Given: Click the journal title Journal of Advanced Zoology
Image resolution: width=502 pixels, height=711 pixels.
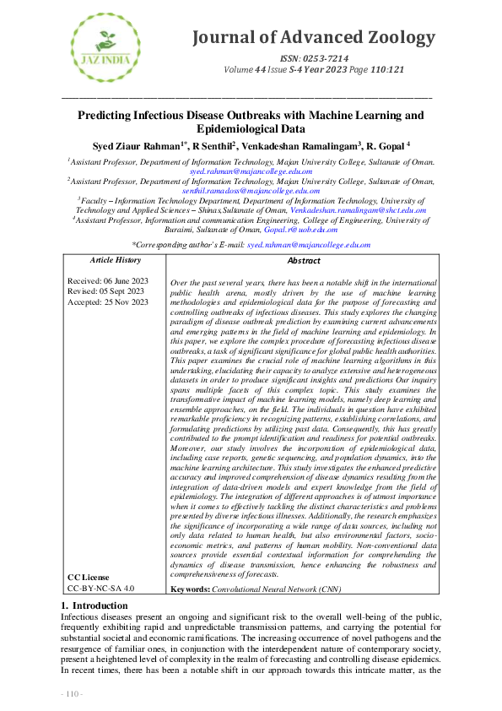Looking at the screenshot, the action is pos(314,38).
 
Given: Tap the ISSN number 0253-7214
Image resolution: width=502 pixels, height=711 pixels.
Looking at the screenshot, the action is pos(324,57).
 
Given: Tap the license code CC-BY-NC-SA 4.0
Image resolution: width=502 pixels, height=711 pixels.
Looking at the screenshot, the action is pos(101,588).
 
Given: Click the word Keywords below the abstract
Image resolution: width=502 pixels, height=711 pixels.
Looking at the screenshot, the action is pos(189,588).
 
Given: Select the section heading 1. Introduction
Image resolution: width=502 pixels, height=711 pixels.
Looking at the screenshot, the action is pos(94,606).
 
